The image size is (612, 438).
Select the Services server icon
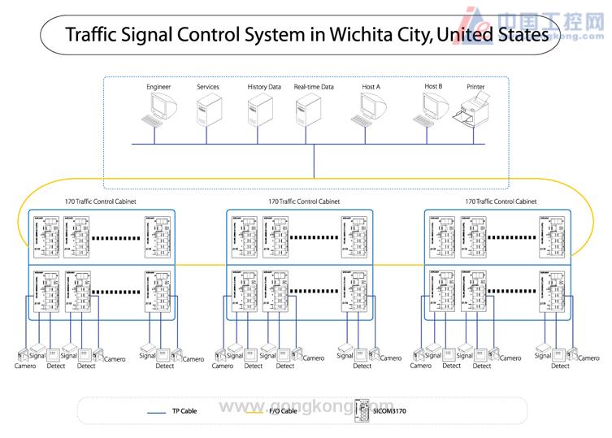click(207, 110)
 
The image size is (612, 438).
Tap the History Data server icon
click(259, 110)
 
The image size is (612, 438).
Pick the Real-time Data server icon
click(308, 110)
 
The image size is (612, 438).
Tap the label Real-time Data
click(314, 87)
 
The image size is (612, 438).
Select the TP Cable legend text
click(184, 411)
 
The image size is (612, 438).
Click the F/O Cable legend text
click(282, 411)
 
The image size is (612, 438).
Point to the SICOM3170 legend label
click(390, 411)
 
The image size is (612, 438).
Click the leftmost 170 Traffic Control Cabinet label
click(100, 202)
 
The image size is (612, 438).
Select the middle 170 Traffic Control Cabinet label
click(304, 202)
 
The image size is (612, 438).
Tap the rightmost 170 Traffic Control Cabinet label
click(501, 202)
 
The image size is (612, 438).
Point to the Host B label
click(433, 86)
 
